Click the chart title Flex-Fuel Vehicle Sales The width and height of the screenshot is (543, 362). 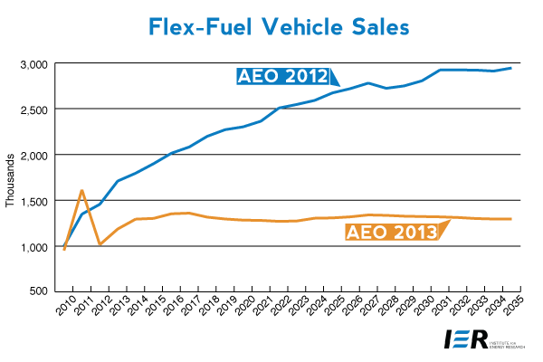(271, 26)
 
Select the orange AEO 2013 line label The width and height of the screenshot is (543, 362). (391, 233)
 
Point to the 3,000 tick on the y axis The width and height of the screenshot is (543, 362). (33, 64)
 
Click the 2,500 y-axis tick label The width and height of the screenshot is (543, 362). (33, 110)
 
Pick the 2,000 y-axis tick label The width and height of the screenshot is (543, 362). (33, 155)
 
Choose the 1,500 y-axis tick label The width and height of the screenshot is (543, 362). (33, 200)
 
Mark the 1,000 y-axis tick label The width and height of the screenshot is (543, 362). (33, 246)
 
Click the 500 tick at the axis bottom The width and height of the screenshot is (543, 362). (39, 291)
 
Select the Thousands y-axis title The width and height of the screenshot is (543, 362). (11, 177)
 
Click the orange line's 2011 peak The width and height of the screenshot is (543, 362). (82, 191)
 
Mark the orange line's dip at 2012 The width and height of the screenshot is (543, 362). (100, 244)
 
